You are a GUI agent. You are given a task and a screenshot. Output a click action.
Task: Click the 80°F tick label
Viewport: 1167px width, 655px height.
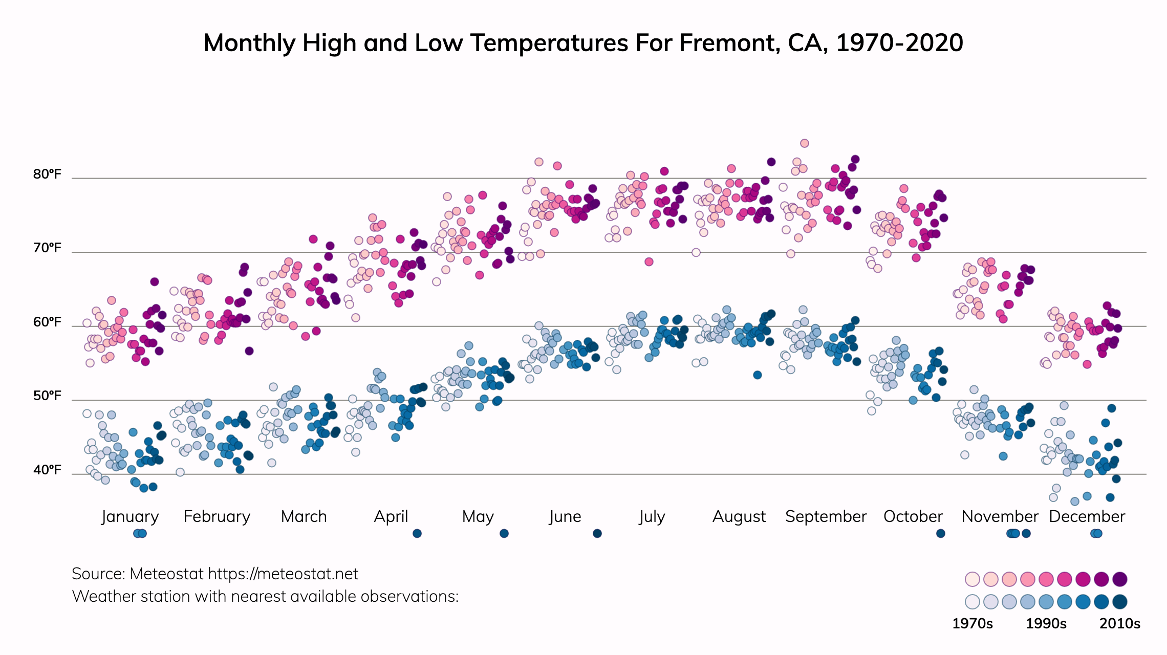point(47,174)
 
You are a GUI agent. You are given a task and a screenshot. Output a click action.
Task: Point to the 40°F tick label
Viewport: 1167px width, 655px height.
point(47,470)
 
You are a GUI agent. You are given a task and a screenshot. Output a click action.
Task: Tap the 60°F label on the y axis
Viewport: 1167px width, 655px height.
point(47,322)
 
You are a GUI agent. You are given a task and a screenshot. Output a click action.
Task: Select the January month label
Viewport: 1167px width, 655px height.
point(130,517)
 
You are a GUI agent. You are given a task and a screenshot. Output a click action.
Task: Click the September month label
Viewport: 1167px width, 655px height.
point(826,517)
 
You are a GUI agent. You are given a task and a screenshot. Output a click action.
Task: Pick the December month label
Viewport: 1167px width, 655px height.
point(1087,517)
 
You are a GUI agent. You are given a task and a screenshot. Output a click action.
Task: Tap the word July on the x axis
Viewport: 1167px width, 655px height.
point(652,517)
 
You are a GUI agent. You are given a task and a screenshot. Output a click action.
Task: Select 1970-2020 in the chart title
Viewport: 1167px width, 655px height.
point(899,43)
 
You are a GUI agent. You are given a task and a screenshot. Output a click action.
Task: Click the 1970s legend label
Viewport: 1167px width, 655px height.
point(972,624)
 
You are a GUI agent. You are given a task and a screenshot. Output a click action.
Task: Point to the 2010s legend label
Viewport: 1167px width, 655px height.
point(1120,624)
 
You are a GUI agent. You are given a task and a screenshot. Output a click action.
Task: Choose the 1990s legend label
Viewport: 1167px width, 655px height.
point(1046,624)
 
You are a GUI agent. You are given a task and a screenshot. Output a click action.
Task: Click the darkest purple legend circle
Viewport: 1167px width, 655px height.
point(1120,579)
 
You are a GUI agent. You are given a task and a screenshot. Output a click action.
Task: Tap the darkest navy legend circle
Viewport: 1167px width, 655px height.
point(1120,602)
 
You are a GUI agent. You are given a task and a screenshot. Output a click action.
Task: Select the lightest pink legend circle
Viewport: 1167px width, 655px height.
point(972,579)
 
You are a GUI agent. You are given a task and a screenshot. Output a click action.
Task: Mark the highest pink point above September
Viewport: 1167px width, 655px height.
point(805,143)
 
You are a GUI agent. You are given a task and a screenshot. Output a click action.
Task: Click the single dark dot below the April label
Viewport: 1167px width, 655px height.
point(417,534)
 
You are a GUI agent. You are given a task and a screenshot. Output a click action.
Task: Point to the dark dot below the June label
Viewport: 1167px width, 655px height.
point(597,534)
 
